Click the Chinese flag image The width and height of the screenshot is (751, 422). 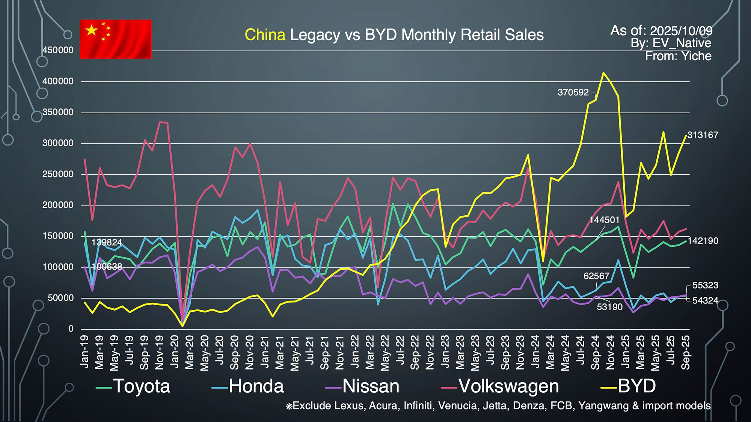[x=116, y=39]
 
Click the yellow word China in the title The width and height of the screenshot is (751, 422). [x=265, y=35]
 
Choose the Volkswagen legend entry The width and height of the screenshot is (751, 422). [x=500, y=386]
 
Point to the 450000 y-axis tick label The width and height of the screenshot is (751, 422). [x=58, y=50]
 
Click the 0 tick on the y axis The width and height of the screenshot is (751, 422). [x=71, y=329]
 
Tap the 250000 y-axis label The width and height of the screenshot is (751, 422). [x=58, y=174]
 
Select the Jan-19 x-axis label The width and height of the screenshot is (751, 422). [x=85, y=351]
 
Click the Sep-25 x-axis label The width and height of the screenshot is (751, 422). [x=686, y=352]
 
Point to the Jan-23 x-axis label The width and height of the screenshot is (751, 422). [x=445, y=351]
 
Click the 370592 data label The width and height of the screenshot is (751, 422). [x=573, y=92]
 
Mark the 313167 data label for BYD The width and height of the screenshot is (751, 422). [x=703, y=135]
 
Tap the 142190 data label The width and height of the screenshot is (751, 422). [x=703, y=241]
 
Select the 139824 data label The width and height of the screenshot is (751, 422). [x=107, y=242]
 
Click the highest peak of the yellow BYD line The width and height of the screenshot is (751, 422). [x=603, y=73]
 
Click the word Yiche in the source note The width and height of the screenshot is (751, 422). [x=697, y=56]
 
